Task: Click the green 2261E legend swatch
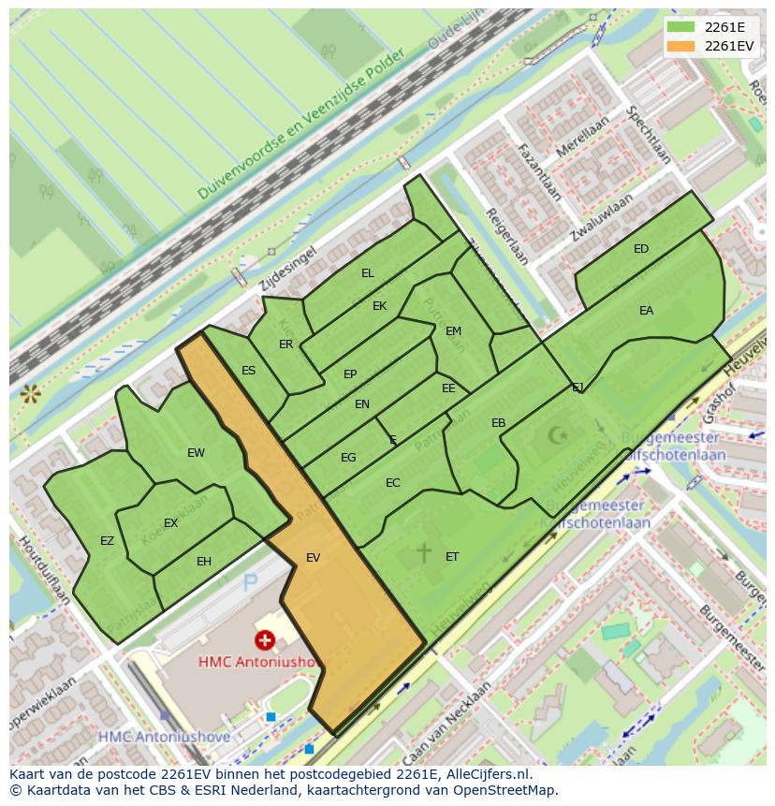coord(680,27)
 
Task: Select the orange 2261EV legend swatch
coord(680,46)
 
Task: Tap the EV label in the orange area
coord(313,558)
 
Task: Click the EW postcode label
coord(196,453)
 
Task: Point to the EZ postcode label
coord(107,541)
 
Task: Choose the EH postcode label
coord(204,562)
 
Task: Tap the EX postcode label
coord(170,523)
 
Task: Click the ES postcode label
coord(248,371)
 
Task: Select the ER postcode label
coord(286,344)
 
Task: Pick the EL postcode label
coord(368,273)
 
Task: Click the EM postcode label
coord(453,331)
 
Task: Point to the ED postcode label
coord(641,249)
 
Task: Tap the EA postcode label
coord(646,311)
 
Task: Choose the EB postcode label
coord(499,423)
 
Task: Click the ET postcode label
coord(452,557)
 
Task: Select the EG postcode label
coord(348,458)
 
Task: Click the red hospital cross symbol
coord(266,640)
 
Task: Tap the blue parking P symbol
coord(250,583)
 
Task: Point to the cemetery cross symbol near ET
coord(424,552)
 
